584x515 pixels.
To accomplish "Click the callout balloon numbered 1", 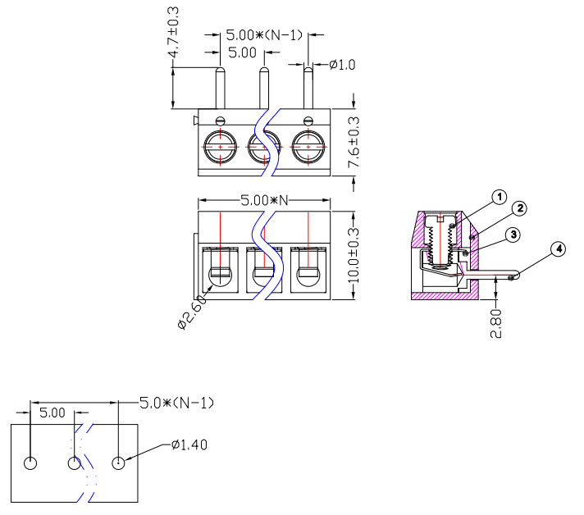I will (499, 197).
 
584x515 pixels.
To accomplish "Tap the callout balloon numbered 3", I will (513, 235).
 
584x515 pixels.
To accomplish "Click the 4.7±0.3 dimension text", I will (174, 33).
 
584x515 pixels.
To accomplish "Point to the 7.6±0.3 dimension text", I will (354, 143).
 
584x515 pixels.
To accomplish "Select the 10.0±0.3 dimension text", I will (354, 256).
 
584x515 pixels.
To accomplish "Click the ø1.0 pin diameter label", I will (341, 65).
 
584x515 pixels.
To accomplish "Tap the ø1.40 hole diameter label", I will (189, 445).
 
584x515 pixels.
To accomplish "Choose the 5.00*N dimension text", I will (265, 200).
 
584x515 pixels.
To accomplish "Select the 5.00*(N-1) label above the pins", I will (264, 35).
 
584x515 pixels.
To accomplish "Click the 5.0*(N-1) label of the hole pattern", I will (176, 403).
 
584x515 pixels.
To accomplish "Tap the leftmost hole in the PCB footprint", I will (31, 463).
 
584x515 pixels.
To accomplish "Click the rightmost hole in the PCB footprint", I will (119, 463).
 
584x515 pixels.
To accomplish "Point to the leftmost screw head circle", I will (221, 147).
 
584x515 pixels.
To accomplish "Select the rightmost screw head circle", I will (308, 147).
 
